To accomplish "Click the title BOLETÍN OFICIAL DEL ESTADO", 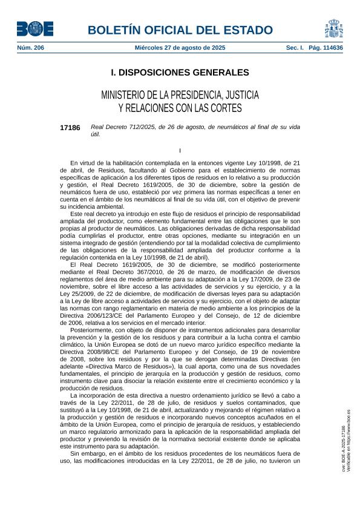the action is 180,30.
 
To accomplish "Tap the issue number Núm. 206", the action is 30,47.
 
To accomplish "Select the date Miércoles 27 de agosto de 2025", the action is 180,47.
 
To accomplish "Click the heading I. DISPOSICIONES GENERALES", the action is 180,73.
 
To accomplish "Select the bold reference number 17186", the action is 70,128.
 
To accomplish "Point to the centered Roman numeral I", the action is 180,150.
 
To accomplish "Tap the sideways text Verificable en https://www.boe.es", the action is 349,440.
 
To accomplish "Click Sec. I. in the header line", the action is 295,47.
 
